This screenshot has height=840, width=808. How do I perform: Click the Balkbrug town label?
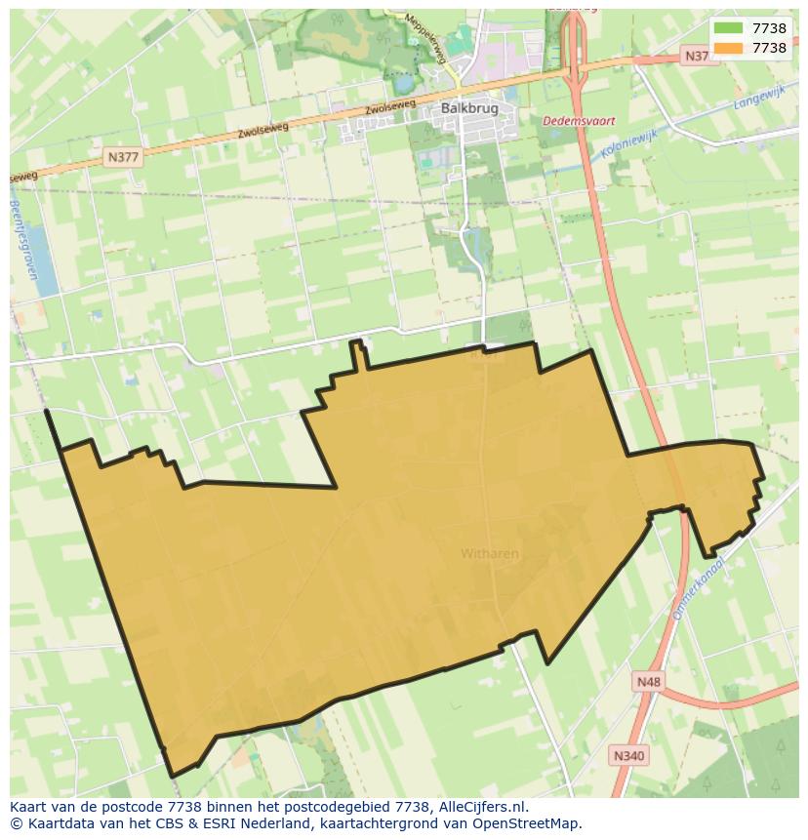pos(470,108)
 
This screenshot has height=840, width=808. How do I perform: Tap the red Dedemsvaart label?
pos(579,121)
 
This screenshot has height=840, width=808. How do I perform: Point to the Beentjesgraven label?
pos(24,240)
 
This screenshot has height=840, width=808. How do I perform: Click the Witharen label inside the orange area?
pos(490,553)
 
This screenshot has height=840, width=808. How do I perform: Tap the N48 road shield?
pos(647,682)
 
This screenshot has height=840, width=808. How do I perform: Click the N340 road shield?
pos(629,755)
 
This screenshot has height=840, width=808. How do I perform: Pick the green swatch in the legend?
pos(728,28)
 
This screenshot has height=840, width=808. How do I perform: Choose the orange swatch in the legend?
pos(728,48)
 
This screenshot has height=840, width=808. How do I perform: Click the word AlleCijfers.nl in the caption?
pos(479,807)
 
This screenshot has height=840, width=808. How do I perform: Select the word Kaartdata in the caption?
pos(57,823)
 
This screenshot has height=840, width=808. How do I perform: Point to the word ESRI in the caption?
pos(214,823)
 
